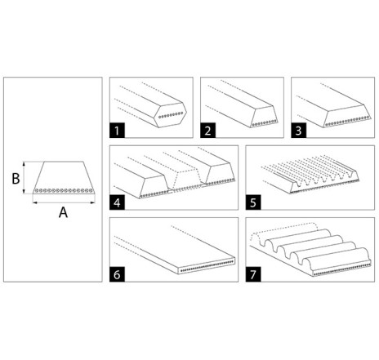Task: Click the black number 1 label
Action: click(117, 131)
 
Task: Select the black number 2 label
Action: click(208, 131)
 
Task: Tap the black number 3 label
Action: click(299, 131)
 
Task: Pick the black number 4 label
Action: click(117, 202)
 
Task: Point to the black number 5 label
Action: click(253, 202)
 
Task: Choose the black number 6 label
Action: click(117, 274)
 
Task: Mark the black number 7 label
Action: click(253, 274)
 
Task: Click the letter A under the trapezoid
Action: click(63, 212)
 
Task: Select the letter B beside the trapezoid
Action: click(16, 179)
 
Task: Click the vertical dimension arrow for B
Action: click(25, 178)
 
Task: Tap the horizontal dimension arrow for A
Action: click(64, 202)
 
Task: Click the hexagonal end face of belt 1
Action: click(170, 115)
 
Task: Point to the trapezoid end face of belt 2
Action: click(264, 117)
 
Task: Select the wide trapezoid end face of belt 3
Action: click(347, 116)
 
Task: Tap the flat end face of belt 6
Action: click(206, 265)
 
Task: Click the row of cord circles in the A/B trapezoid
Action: click(64, 190)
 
